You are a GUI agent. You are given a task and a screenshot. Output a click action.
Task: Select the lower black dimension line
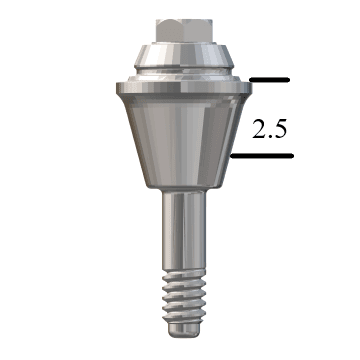point(262,156)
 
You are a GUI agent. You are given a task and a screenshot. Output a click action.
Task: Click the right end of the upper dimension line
point(291,79)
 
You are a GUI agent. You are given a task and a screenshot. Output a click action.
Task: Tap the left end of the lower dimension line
point(232,156)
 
